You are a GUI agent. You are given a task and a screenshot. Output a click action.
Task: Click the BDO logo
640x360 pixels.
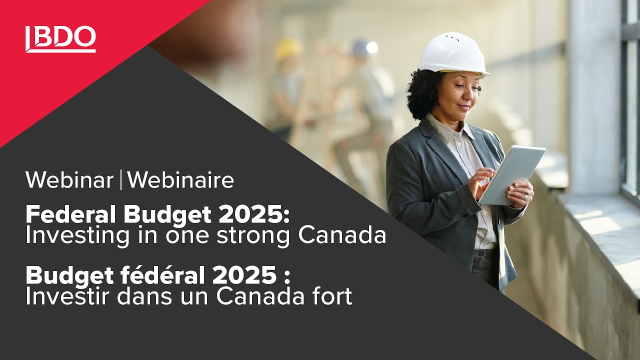60,39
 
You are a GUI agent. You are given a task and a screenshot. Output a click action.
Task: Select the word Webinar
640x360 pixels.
69,180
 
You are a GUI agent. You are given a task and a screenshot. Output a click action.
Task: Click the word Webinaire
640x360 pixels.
180,180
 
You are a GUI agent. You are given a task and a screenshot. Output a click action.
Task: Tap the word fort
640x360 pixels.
333,296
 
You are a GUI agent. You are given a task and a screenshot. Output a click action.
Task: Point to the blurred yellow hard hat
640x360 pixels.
288,49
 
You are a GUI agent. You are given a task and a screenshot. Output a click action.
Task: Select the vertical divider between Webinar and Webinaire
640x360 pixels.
120,180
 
